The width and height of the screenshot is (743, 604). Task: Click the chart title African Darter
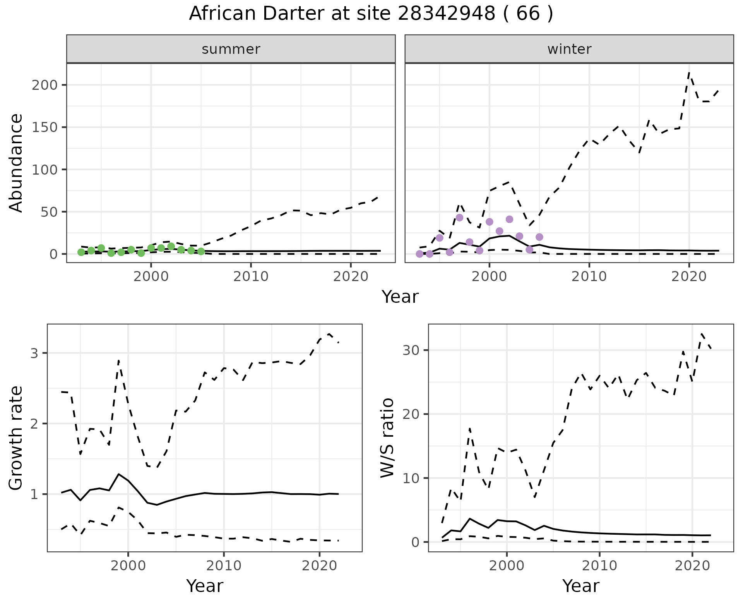[371, 14]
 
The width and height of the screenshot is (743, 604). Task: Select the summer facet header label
[231, 49]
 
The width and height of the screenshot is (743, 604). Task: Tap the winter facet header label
[569, 49]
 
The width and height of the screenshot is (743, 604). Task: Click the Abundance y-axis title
[16, 163]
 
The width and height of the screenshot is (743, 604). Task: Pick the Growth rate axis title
[16, 438]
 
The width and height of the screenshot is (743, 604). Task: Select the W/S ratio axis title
[387, 438]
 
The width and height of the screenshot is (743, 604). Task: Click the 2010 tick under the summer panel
[251, 276]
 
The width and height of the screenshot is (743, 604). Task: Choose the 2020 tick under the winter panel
[689, 276]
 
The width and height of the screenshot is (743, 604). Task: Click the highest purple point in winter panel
[459, 218]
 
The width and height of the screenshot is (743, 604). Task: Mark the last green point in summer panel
[201, 252]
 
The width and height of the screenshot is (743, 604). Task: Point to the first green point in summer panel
[81, 252]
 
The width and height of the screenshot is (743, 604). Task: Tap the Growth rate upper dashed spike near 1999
[118, 361]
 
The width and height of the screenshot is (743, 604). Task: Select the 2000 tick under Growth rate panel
[128, 566]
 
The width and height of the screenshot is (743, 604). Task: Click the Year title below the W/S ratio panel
[580, 586]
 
